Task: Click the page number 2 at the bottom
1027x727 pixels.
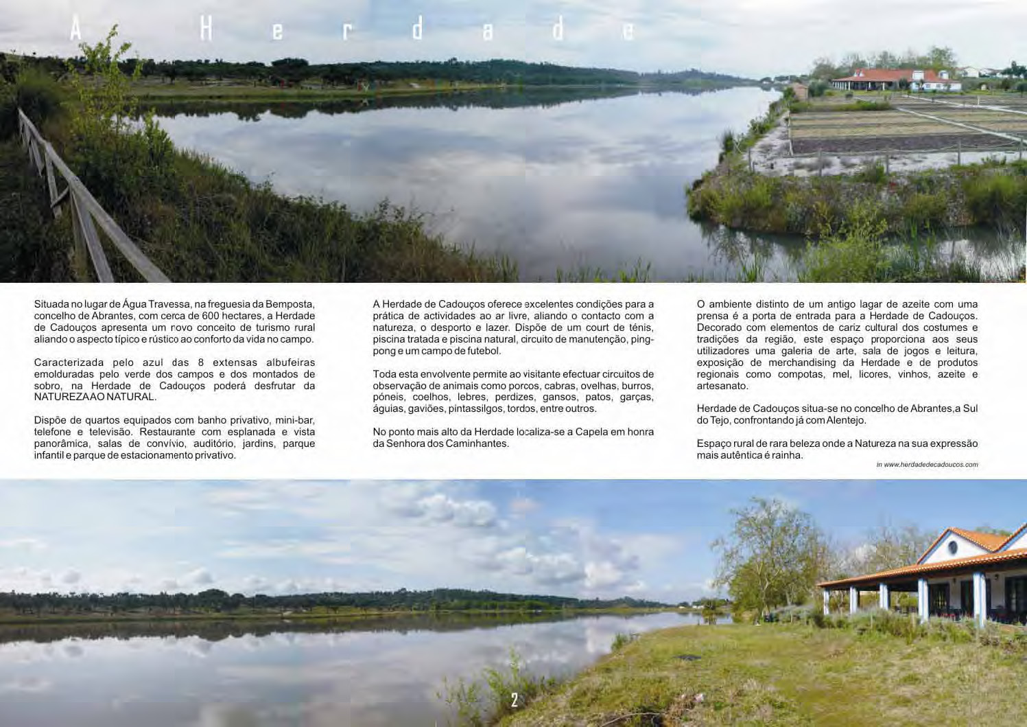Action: [x=515, y=700]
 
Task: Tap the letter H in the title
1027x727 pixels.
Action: [x=206, y=30]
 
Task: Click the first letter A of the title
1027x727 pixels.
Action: [x=75, y=29]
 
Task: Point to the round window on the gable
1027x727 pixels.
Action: [x=952, y=548]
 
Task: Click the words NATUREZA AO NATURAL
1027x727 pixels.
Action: [x=95, y=397]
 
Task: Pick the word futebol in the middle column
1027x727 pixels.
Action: [x=482, y=351]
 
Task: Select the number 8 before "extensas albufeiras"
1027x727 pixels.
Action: [x=200, y=362]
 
